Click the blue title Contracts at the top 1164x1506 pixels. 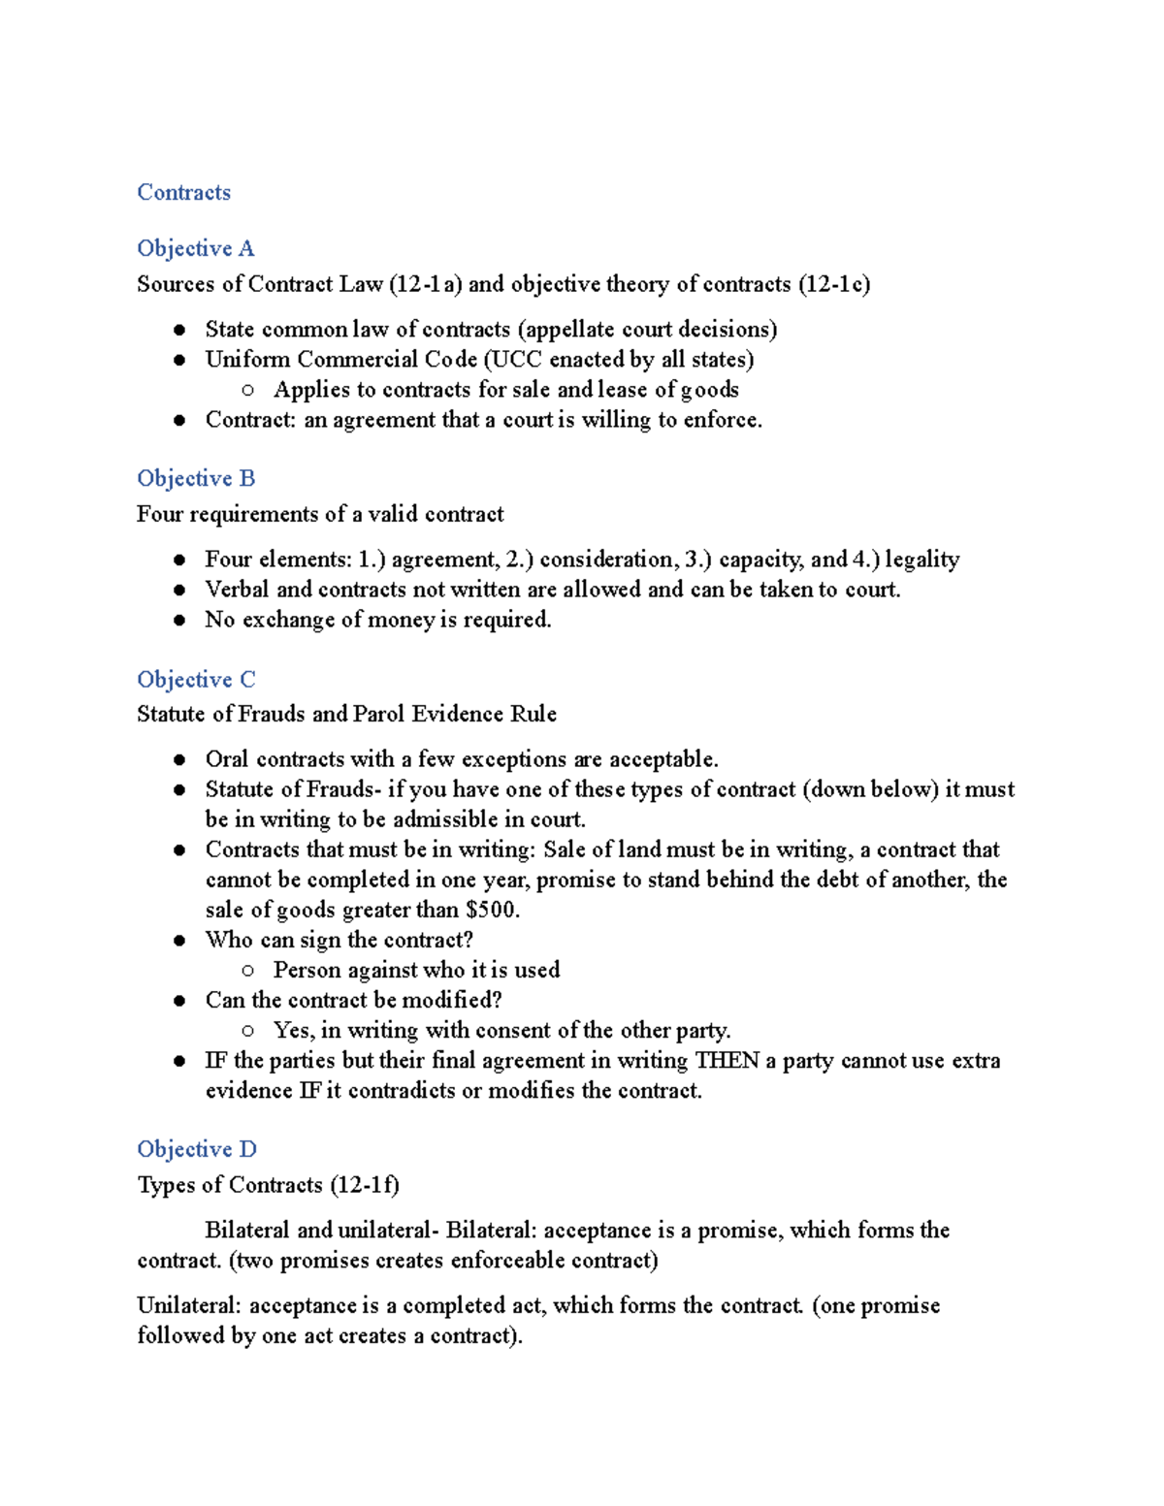(x=183, y=192)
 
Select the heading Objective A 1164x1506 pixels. (x=195, y=248)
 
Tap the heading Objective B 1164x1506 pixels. (x=195, y=478)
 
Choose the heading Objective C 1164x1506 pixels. (x=196, y=679)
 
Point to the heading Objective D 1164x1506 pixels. (x=196, y=1149)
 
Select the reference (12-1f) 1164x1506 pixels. (x=365, y=1185)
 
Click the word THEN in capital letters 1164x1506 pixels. (x=727, y=1060)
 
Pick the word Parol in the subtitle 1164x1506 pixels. (x=378, y=714)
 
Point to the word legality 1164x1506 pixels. (x=921, y=560)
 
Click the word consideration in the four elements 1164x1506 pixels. (x=606, y=560)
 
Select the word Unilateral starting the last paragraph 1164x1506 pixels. (x=188, y=1305)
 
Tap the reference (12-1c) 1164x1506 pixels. (x=834, y=284)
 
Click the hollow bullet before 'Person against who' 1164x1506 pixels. (x=248, y=970)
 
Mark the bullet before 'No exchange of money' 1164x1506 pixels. (x=179, y=620)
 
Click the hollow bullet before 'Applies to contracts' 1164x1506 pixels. (x=248, y=390)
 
